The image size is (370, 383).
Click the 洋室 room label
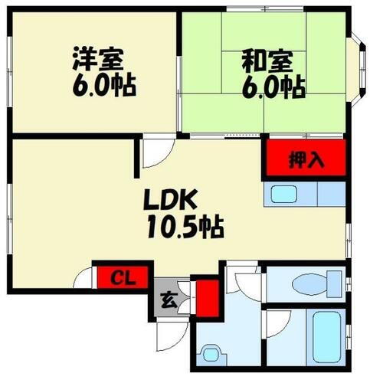tap(98, 59)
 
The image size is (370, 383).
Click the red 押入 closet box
tap(306, 161)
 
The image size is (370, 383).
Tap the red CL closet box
tap(118, 276)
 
